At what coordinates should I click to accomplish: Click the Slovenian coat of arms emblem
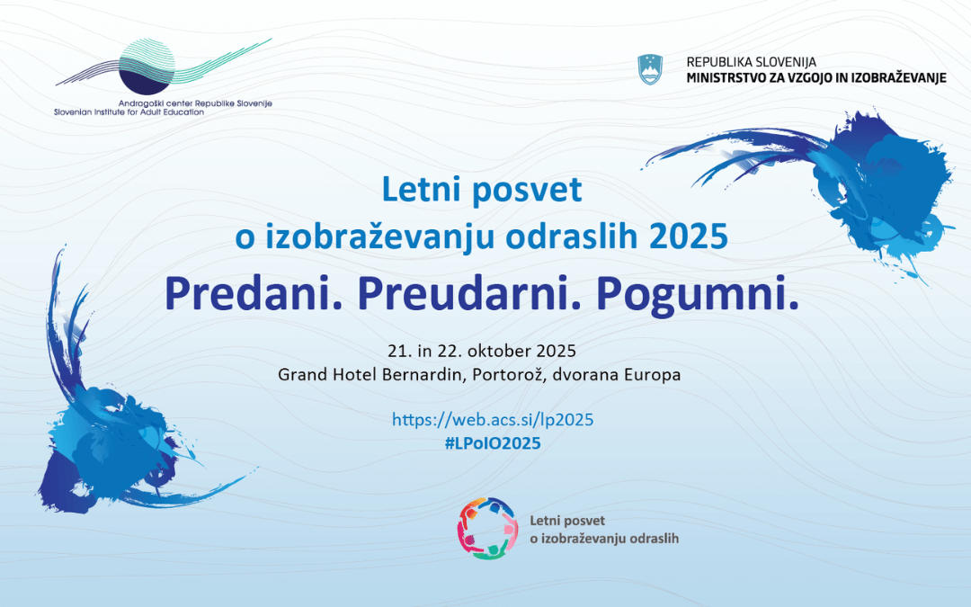650,69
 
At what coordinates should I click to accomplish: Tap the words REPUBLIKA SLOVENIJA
751,62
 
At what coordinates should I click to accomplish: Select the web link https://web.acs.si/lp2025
493,420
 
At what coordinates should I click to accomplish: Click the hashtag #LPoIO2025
493,444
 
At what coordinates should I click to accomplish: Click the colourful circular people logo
486,528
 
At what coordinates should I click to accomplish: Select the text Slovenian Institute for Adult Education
129,112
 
